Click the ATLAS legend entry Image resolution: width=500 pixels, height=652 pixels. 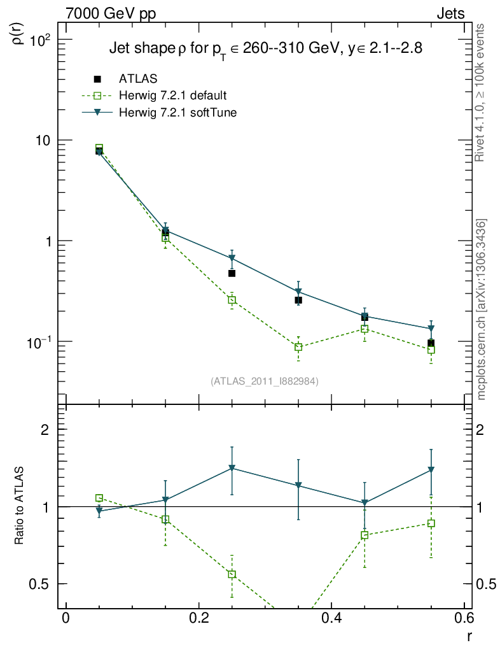coord(138,79)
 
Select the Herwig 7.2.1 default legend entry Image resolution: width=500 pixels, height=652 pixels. coord(172,96)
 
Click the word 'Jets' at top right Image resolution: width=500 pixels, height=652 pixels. coord(450,13)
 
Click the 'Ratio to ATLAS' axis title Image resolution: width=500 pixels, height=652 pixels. coord(19,507)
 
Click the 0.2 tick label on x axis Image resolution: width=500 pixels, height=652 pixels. coord(198,618)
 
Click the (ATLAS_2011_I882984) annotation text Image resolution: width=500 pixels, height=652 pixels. coord(265,381)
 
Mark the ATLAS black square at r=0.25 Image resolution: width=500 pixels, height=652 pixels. coord(232,273)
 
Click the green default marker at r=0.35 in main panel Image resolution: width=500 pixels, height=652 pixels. coord(298,347)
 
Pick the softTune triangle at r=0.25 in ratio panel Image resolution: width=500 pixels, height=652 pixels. coord(232,469)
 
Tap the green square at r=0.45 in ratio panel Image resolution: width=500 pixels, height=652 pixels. coord(365,535)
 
